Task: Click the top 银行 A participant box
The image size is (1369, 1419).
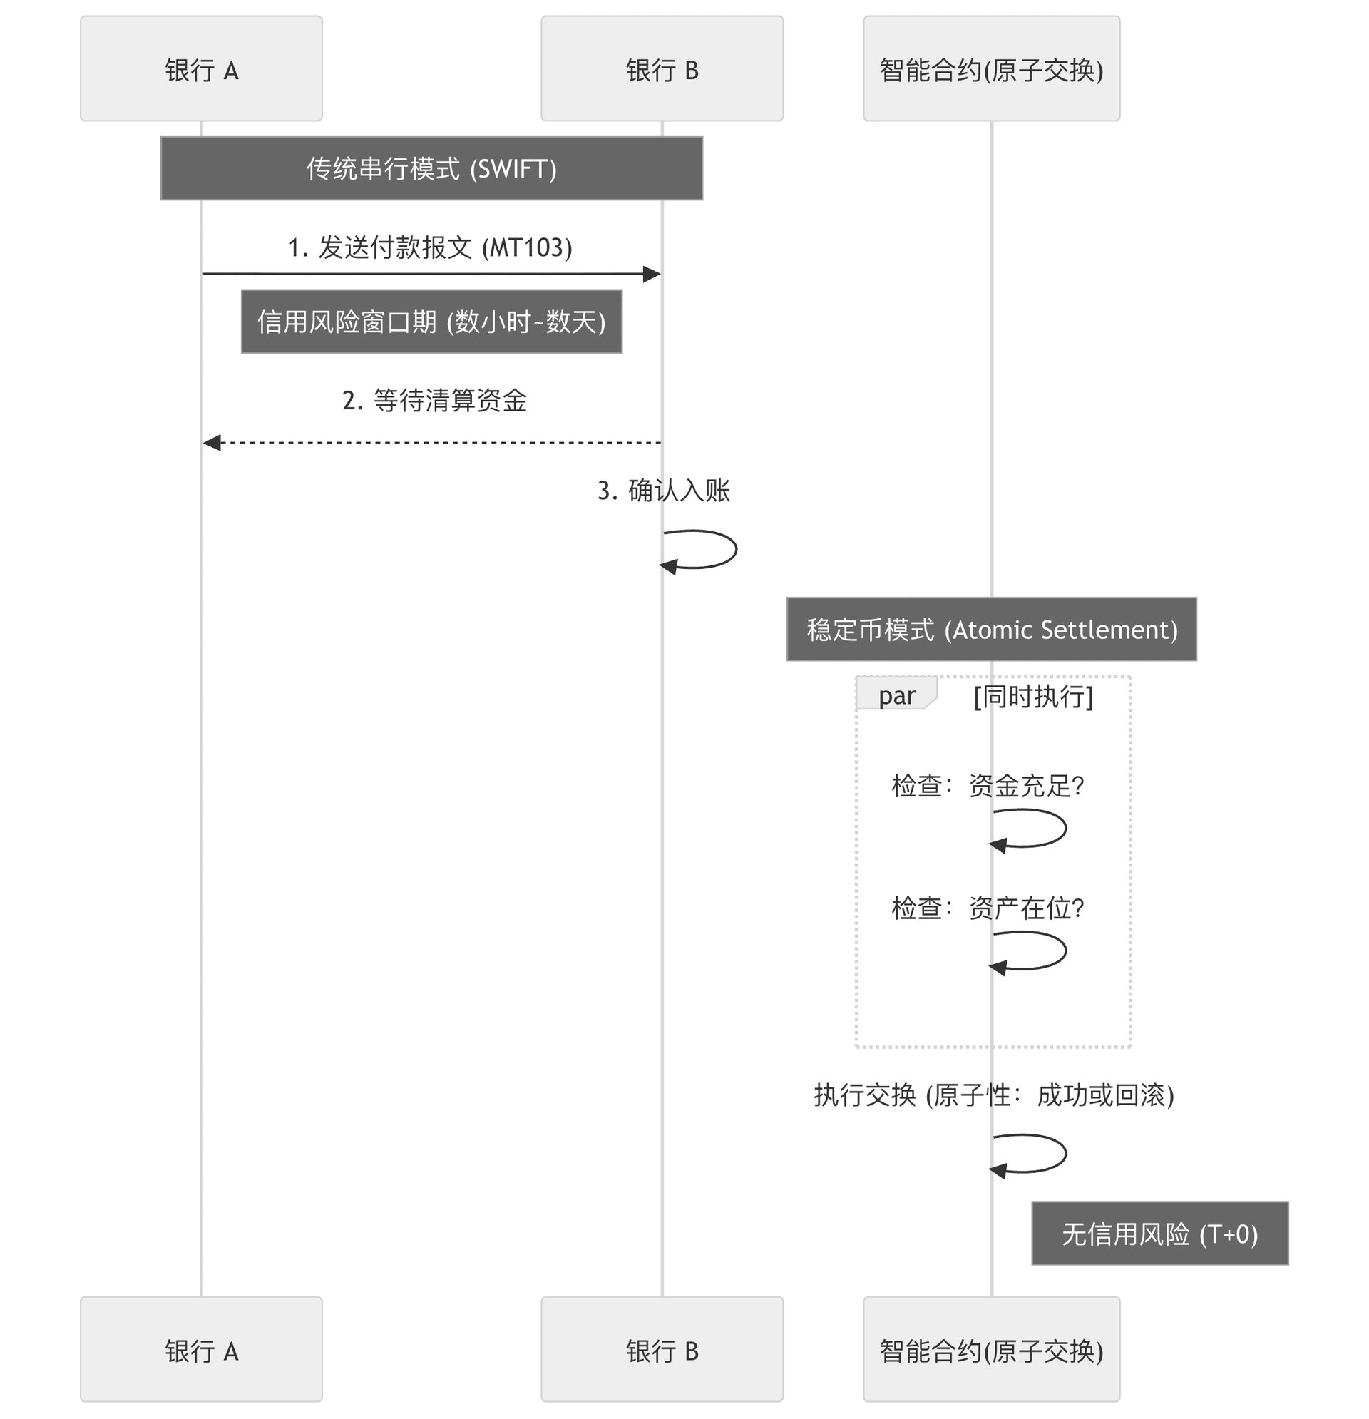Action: [x=201, y=68]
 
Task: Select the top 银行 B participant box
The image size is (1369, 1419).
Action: [x=662, y=68]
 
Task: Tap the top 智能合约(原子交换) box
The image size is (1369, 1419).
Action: [x=992, y=68]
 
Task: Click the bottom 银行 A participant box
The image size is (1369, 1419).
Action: [x=201, y=1350]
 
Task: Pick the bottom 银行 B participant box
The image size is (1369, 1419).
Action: [x=662, y=1350]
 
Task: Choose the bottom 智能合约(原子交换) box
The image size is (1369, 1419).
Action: [x=992, y=1350]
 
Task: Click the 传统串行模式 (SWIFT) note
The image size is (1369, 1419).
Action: [x=431, y=168]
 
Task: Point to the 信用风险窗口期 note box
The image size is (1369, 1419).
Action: [x=431, y=322]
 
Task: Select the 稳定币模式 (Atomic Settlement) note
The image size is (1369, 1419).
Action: [x=992, y=629]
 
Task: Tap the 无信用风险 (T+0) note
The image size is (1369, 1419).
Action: [x=1160, y=1234]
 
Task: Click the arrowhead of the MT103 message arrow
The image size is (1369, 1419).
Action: [x=652, y=275]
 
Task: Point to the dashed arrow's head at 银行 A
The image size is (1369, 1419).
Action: [x=211, y=442]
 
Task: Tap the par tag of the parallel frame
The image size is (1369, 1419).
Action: [x=896, y=694]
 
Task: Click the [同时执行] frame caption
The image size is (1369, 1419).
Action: [x=1033, y=697]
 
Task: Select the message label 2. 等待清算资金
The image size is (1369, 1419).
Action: [x=434, y=400]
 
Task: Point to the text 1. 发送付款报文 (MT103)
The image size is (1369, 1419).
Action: [x=431, y=247]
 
